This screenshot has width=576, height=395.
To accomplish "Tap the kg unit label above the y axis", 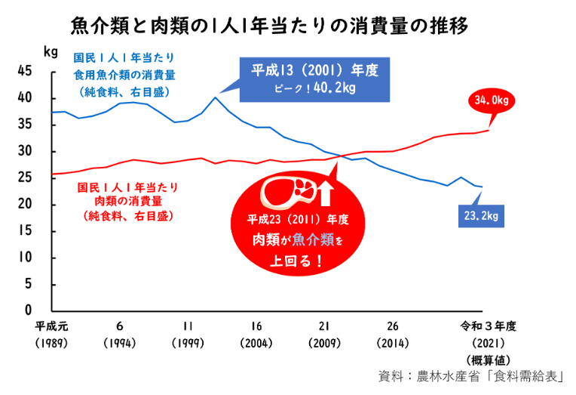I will click(x=51, y=52).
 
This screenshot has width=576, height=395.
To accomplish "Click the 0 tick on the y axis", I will click(x=27, y=310).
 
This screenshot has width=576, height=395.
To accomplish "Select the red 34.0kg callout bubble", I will click(x=491, y=100).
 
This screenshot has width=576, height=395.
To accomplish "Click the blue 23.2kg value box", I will click(x=482, y=217).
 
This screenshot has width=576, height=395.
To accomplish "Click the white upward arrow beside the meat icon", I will click(x=325, y=193).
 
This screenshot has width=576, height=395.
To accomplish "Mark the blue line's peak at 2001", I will click(x=216, y=97).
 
